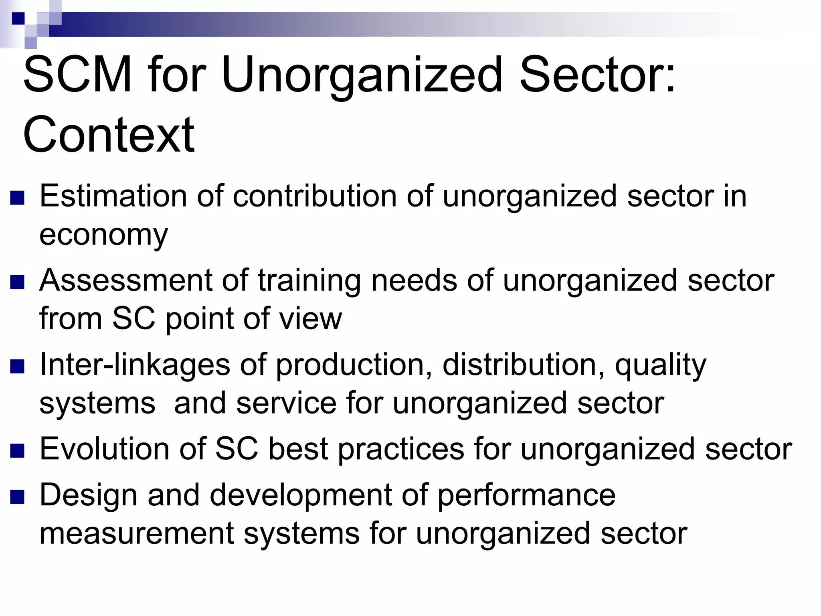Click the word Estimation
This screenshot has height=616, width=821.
tap(113, 196)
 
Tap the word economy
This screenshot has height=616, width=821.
tap(103, 235)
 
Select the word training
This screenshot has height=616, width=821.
tap(309, 280)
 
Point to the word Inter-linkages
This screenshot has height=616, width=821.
tap(135, 365)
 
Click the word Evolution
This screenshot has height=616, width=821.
tap(104, 449)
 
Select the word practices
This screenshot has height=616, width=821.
tap(401, 450)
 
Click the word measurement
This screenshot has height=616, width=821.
tap(136, 533)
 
